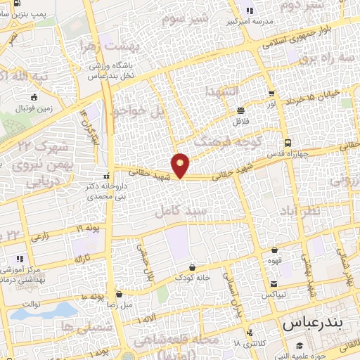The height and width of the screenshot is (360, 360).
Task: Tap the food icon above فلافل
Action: tap(240, 110)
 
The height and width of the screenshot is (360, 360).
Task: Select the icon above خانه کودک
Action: tap(193, 267)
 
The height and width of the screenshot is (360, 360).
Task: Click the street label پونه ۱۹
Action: tap(88, 229)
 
